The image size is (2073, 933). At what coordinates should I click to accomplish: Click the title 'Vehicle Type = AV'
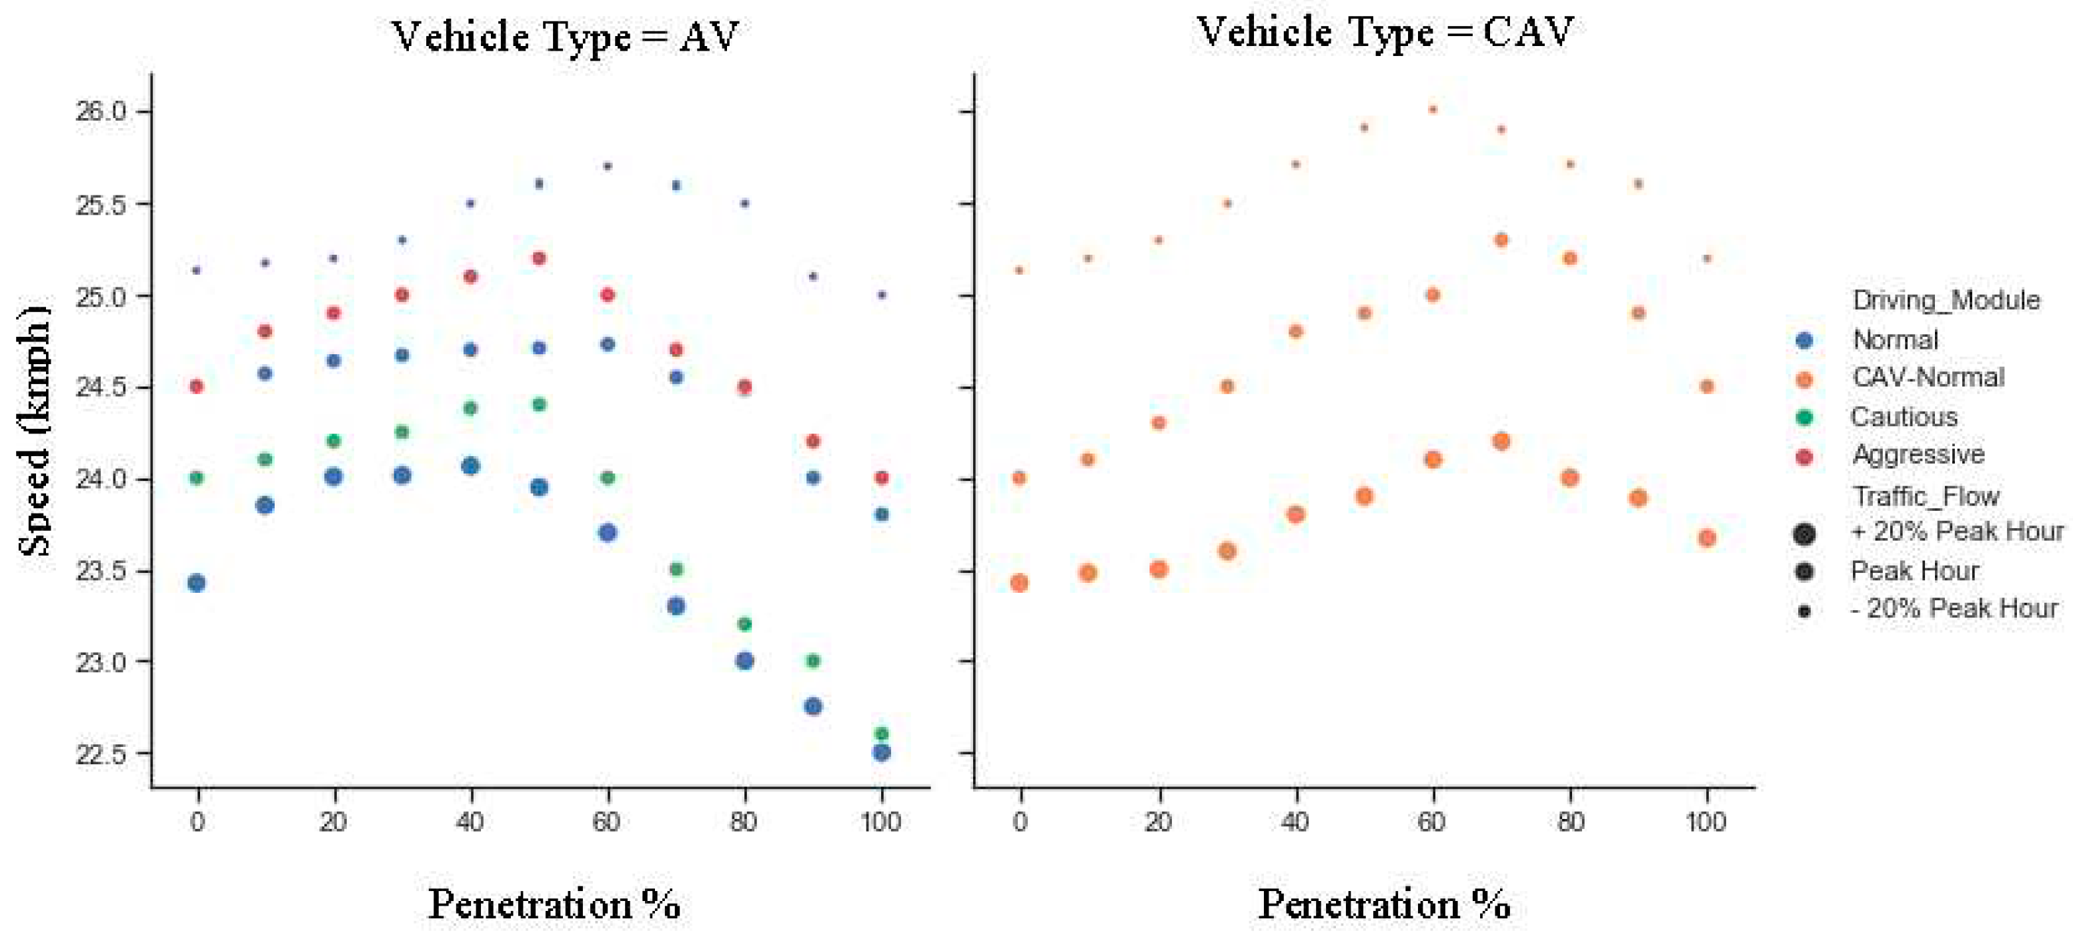(565, 37)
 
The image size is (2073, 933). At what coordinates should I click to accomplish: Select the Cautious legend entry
(1904, 417)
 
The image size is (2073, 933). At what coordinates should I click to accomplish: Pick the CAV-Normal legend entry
(1928, 378)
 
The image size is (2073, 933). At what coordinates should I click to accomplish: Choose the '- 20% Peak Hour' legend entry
(1954, 609)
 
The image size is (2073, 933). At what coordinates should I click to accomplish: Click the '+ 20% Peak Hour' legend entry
(1957, 532)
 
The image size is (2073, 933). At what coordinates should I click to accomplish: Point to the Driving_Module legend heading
(1946, 301)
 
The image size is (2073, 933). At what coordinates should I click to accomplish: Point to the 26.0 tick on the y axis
(101, 111)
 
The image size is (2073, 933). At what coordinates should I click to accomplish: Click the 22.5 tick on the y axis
(101, 754)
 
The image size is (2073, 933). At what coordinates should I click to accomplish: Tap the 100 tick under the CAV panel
(1706, 822)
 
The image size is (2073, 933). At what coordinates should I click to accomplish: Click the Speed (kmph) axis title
(34, 430)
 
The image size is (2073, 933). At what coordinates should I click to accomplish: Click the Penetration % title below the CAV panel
(1384, 904)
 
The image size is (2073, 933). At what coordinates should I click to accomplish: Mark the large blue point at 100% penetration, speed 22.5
(881, 753)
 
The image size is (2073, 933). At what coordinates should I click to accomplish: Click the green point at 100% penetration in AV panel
(881, 734)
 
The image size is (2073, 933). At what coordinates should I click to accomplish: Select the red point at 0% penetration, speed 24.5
(196, 387)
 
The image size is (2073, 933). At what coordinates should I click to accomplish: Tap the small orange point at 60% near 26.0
(1433, 109)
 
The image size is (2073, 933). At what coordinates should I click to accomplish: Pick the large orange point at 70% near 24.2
(1501, 441)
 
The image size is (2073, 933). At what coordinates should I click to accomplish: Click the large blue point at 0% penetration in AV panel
(196, 583)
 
